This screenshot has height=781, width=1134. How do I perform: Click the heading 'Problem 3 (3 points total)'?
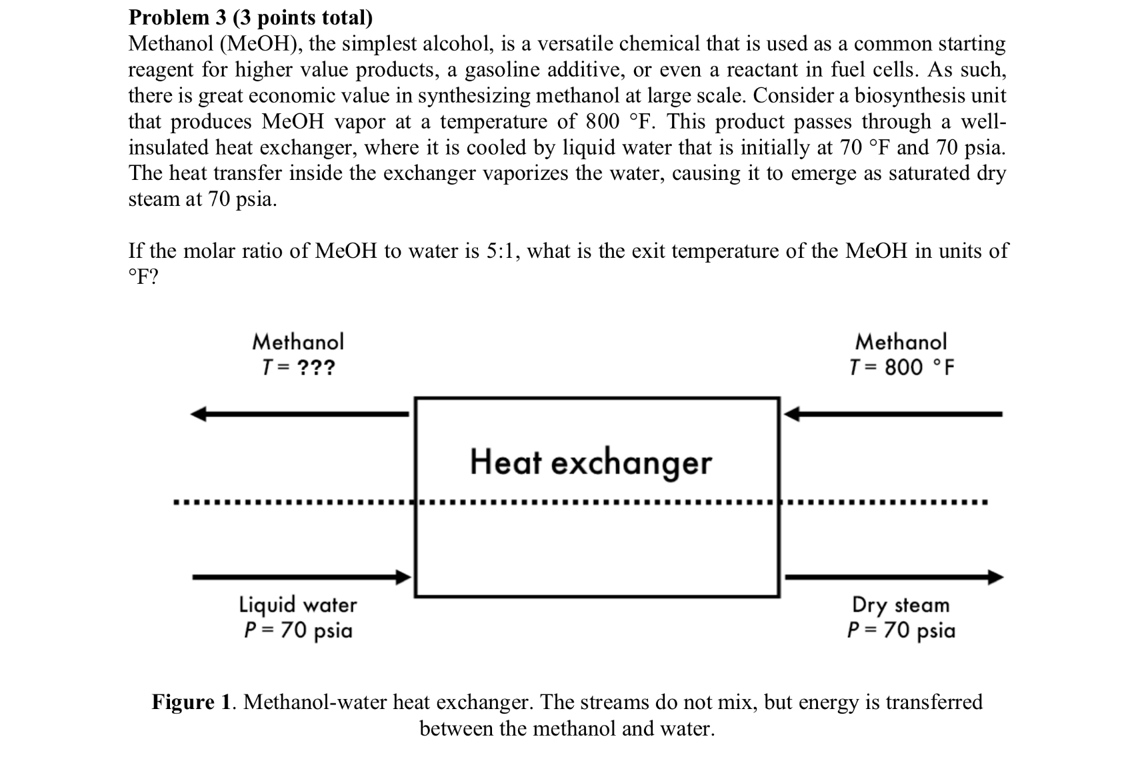pos(250,17)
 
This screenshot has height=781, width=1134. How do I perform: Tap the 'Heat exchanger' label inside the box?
pos(591,462)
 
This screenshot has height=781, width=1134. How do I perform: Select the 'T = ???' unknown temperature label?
pos(298,367)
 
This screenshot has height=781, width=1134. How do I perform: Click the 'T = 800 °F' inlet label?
pos(901,367)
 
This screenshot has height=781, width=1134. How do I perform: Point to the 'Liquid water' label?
pos(298,604)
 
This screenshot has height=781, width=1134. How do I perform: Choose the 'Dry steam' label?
pos(901,604)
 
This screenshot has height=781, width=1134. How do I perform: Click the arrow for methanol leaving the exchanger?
pos(300,414)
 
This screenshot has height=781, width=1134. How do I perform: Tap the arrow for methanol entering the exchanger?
pos(893,414)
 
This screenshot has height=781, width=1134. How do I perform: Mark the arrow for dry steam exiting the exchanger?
pos(893,576)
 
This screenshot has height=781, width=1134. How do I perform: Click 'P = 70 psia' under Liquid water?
pos(298,630)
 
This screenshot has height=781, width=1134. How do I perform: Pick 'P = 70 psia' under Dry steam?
pos(901,630)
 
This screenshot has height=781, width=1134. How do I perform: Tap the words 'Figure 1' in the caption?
pos(192,702)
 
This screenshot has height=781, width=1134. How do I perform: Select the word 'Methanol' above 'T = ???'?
pos(298,342)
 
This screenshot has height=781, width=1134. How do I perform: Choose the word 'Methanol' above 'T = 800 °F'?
pos(901,342)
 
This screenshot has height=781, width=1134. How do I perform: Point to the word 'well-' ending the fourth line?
pos(983,122)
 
